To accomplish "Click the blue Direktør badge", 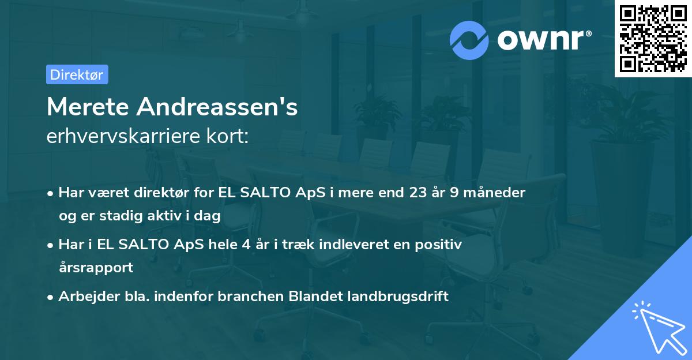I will (77, 74).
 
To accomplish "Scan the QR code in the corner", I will (653, 39).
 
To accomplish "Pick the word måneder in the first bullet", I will (497, 193).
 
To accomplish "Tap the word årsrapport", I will (96, 268).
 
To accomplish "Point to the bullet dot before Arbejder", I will (51, 297).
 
